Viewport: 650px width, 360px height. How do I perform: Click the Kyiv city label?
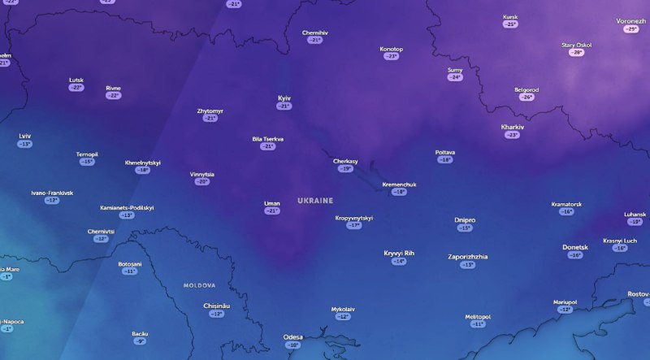pyautogui.click(x=284, y=98)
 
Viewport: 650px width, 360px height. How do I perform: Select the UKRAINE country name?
pyautogui.click(x=315, y=200)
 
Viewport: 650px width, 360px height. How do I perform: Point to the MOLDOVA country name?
pyautogui.click(x=199, y=285)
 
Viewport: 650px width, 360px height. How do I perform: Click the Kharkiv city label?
pyautogui.click(x=513, y=127)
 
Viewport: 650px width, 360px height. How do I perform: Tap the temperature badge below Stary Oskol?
pyautogui.click(x=577, y=53)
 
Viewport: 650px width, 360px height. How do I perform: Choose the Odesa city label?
pyautogui.click(x=292, y=336)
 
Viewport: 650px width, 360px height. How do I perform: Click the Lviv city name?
pyautogui.click(x=25, y=136)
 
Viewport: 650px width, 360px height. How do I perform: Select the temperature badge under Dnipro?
pyautogui.click(x=465, y=228)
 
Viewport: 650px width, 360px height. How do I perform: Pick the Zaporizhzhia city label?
pyautogui.click(x=468, y=257)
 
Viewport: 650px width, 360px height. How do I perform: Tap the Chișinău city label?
pyautogui.click(x=216, y=306)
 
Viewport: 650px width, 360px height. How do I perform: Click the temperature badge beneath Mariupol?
pyautogui.click(x=565, y=310)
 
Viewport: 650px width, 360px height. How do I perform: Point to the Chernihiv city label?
pyautogui.click(x=314, y=33)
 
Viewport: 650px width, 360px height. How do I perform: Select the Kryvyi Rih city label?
pyautogui.click(x=399, y=253)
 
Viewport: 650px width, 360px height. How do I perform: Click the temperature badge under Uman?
pyautogui.click(x=272, y=211)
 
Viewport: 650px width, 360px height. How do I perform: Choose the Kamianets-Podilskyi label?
pyautogui.click(x=127, y=207)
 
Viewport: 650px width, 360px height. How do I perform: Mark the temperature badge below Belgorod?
pyautogui.click(x=526, y=98)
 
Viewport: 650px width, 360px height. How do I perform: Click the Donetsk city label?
pyautogui.click(x=575, y=247)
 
